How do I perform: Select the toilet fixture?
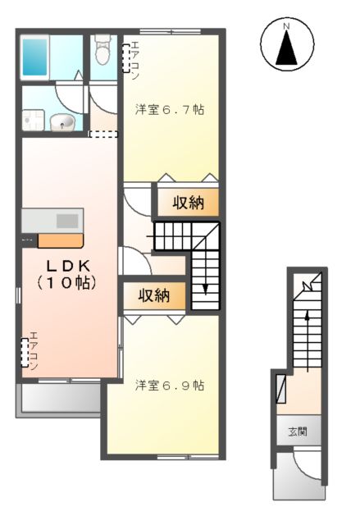tap(103, 51)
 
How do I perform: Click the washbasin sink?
tap(62, 123)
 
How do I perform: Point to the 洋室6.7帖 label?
tap(169, 110)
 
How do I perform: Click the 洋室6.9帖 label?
tap(170, 385)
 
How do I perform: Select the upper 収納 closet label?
tap(189, 203)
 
